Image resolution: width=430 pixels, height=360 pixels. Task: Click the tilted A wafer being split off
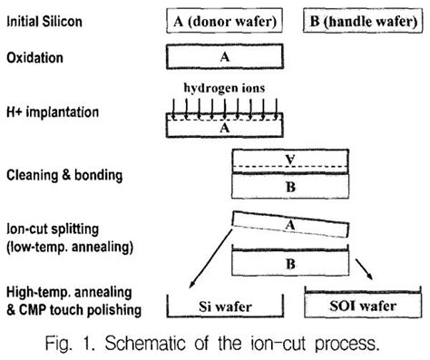[x=290, y=228]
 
